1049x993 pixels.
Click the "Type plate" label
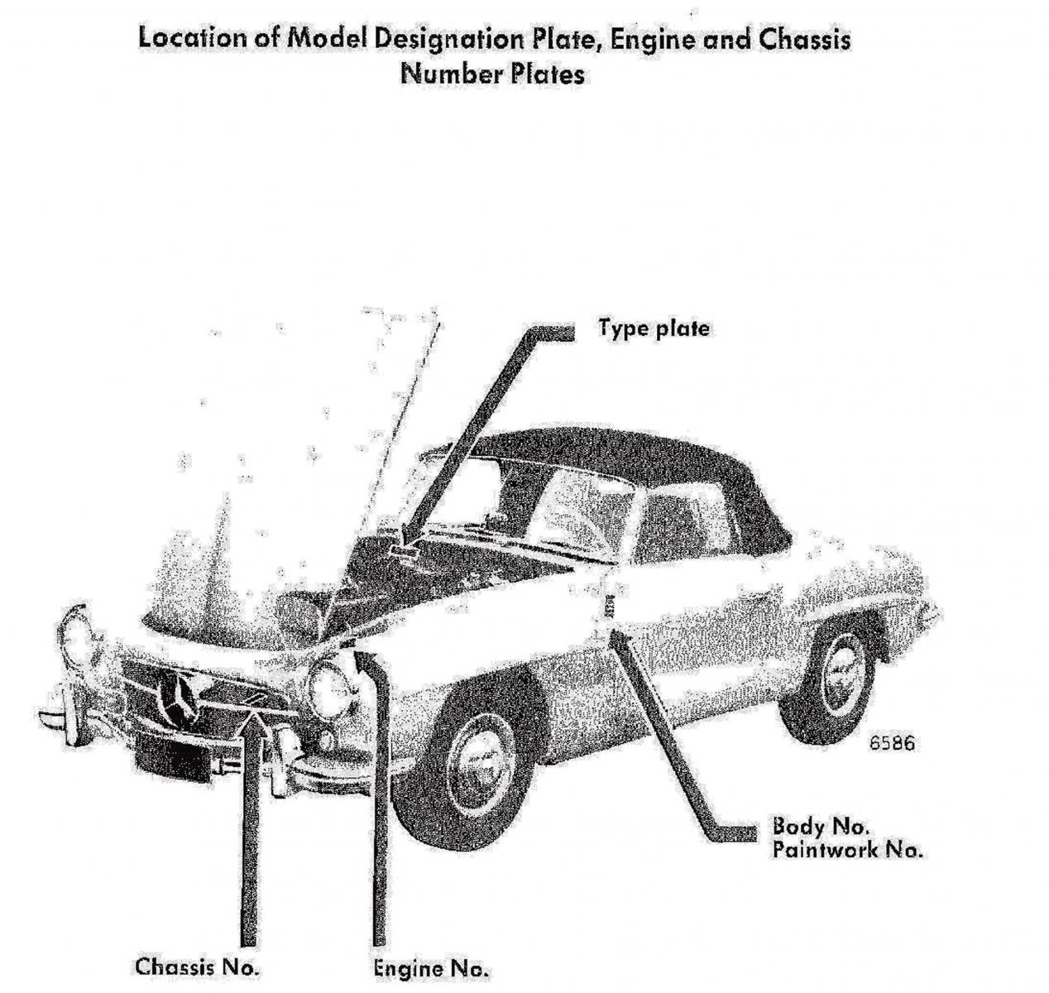point(654,329)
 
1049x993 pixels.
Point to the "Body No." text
point(821,827)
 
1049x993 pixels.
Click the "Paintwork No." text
point(847,850)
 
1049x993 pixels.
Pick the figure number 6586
point(892,743)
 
